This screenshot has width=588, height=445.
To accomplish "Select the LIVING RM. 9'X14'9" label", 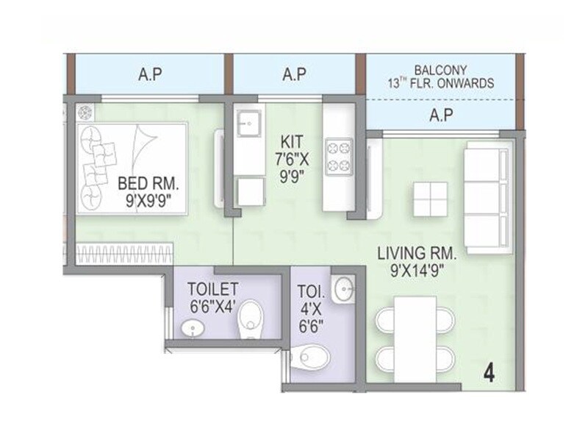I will click(417, 261).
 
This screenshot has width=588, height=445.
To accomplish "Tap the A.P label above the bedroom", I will click(150, 74).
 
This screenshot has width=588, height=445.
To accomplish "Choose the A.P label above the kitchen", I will click(294, 74).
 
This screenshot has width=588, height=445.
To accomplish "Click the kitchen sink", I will click(249, 120).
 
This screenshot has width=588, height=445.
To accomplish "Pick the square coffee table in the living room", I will click(430, 199).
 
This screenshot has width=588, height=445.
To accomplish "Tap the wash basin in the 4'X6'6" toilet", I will click(343, 289).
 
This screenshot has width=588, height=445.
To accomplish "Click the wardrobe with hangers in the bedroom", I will click(124, 254).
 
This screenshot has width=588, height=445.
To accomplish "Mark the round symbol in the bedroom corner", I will click(85, 113).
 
